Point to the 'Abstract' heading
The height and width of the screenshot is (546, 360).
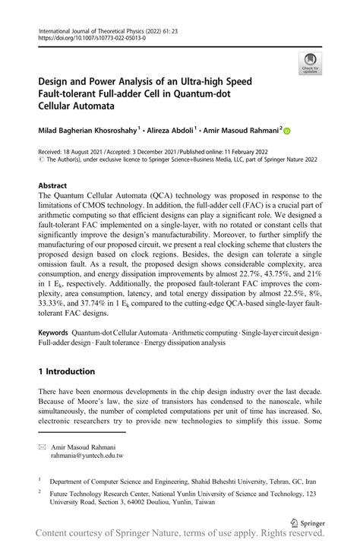click(53, 185)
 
